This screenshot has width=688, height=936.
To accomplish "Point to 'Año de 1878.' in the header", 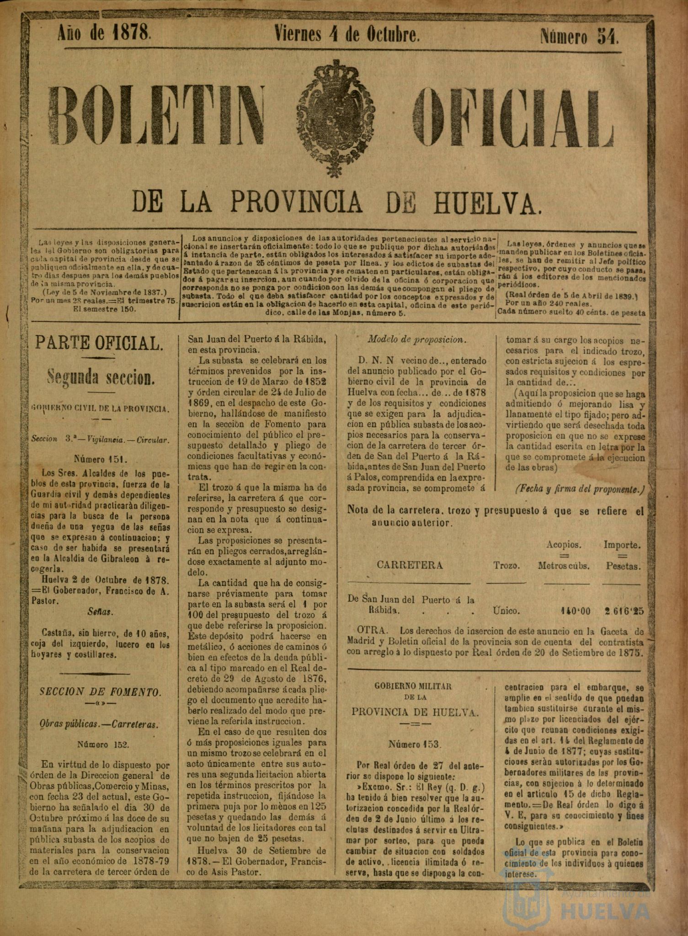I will (x=104, y=33).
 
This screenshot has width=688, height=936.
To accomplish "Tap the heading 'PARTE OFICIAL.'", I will (x=99, y=343).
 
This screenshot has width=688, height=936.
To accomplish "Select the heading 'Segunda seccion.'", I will (x=99, y=377).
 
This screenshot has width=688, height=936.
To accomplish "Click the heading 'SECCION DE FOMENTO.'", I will (x=100, y=692).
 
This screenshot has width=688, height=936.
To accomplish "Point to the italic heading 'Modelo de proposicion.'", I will (x=411, y=339).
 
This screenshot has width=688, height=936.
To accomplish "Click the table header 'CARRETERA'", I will (x=410, y=565).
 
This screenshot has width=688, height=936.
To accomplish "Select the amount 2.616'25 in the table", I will (x=623, y=611).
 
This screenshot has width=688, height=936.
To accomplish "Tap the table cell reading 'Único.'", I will (x=506, y=611).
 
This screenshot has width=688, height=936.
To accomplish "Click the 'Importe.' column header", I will (x=622, y=545).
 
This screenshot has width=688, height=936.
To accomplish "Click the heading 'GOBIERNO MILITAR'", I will (x=413, y=686).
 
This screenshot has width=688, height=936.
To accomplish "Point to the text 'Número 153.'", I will (x=415, y=744).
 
